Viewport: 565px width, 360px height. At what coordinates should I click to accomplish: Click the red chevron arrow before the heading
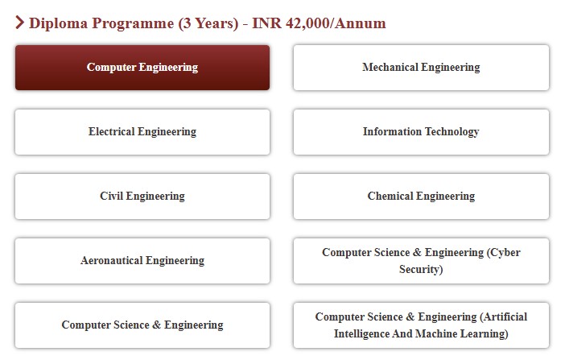click(x=20, y=23)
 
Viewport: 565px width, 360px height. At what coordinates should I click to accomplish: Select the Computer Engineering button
click(x=142, y=68)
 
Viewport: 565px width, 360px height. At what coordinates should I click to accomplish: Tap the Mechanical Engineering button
click(x=421, y=68)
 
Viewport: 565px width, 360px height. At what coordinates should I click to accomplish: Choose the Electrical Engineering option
click(x=142, y=132)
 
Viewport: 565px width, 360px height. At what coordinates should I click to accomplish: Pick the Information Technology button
click(x=421, y=132)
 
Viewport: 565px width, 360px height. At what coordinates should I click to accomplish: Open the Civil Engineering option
click(x=142, y=197)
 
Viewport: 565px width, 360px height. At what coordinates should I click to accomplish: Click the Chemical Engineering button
click(x=421, y=197)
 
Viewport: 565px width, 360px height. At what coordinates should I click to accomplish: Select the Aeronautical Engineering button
click(x=142, y=261)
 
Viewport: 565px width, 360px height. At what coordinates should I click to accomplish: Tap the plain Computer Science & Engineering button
click(x=142, y=325)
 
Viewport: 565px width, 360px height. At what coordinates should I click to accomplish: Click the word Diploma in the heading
click(x=59, y=23)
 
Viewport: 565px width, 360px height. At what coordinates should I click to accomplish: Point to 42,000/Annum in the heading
click(x=336, y=23)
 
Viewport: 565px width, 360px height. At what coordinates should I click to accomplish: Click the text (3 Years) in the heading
click(x=208, y=23)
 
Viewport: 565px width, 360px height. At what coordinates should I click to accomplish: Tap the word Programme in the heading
click(x=133, y=24)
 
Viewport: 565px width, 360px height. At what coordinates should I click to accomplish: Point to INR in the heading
click(x=266, y=23)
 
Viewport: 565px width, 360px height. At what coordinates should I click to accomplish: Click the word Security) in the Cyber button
click(x=421, y=270)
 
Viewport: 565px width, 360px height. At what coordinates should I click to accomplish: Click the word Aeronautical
click(x=112, y=260)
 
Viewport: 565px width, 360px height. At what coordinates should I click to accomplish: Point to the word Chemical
click(x=390, y=196)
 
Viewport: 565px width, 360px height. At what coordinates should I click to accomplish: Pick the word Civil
click(x=111, y=196)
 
